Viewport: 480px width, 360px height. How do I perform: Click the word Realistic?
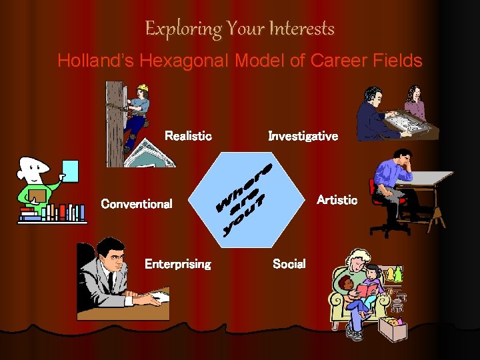coord(188,136)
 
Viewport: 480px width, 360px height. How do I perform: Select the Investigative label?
coord(303,136)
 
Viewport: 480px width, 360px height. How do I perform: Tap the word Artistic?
coord(337,200)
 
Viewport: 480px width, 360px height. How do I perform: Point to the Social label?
coord(289,264)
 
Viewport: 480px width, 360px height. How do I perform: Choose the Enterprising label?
coord(177,264)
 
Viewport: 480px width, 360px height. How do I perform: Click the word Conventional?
coord(136,204)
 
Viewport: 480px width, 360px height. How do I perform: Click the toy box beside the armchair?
coord(393,328)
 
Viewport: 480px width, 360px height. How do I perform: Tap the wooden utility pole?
coord(115,123)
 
